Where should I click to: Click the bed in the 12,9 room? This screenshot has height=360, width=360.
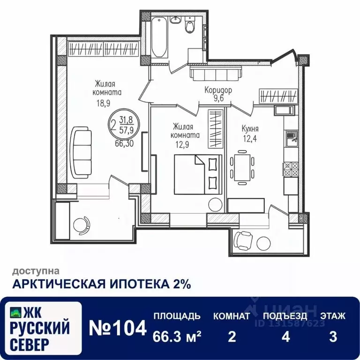point(197,174)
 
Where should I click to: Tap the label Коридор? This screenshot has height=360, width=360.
point(218,90)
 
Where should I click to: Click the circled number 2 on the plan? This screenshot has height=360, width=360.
point(112,125)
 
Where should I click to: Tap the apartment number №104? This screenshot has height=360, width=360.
point(118,329)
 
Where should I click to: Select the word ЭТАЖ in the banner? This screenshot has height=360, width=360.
point(333,316)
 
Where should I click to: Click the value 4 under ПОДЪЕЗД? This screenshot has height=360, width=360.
point(285,337)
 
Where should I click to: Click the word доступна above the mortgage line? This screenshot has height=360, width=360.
point(36,270)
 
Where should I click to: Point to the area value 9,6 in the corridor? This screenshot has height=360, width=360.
point(218,98)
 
